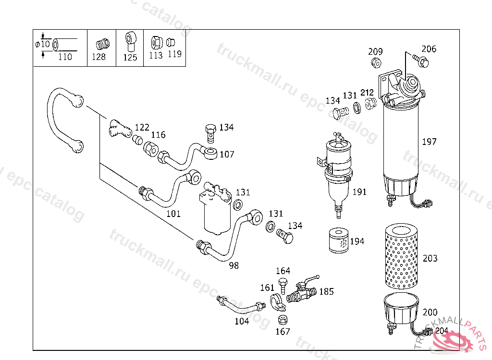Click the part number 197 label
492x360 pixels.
pyautogui.click(x=429, y=142)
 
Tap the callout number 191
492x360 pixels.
pyautogui.click(x=359, y=192)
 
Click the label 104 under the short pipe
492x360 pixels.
pyautogui.click(x=242, y=321)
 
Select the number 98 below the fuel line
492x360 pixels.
pyautogui.click(x=234, y=265)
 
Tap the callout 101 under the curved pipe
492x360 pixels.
pyautogui.click(x=173, y=214)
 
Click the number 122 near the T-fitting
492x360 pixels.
pyautogui.click(x=142, y=127)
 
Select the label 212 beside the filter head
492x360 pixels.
pyautogui.click(x=367, y=93)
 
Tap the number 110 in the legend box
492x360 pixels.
pyautogui.click(x=64, y=57)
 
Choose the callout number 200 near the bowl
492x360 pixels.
pyautogui.click(x=430, y=312)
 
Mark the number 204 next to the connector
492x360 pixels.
pyautogui.click(x=442, y=331)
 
